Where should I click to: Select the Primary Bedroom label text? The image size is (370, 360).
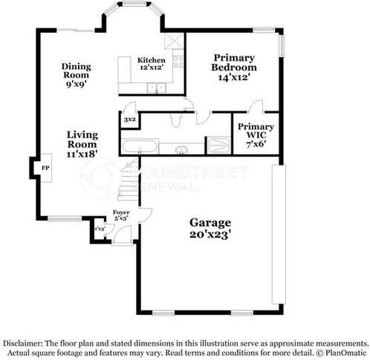tap(234, 67)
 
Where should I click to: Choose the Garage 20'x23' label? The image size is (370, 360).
tap(210, 228)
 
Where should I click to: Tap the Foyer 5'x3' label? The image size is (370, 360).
tap(120, 217)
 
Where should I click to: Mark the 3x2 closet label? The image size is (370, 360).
tap(129, 120)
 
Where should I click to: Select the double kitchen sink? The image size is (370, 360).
tap(155, 88)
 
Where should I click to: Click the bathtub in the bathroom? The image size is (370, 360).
tap(139, 145)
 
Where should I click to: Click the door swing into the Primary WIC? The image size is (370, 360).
tap(255, 106)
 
